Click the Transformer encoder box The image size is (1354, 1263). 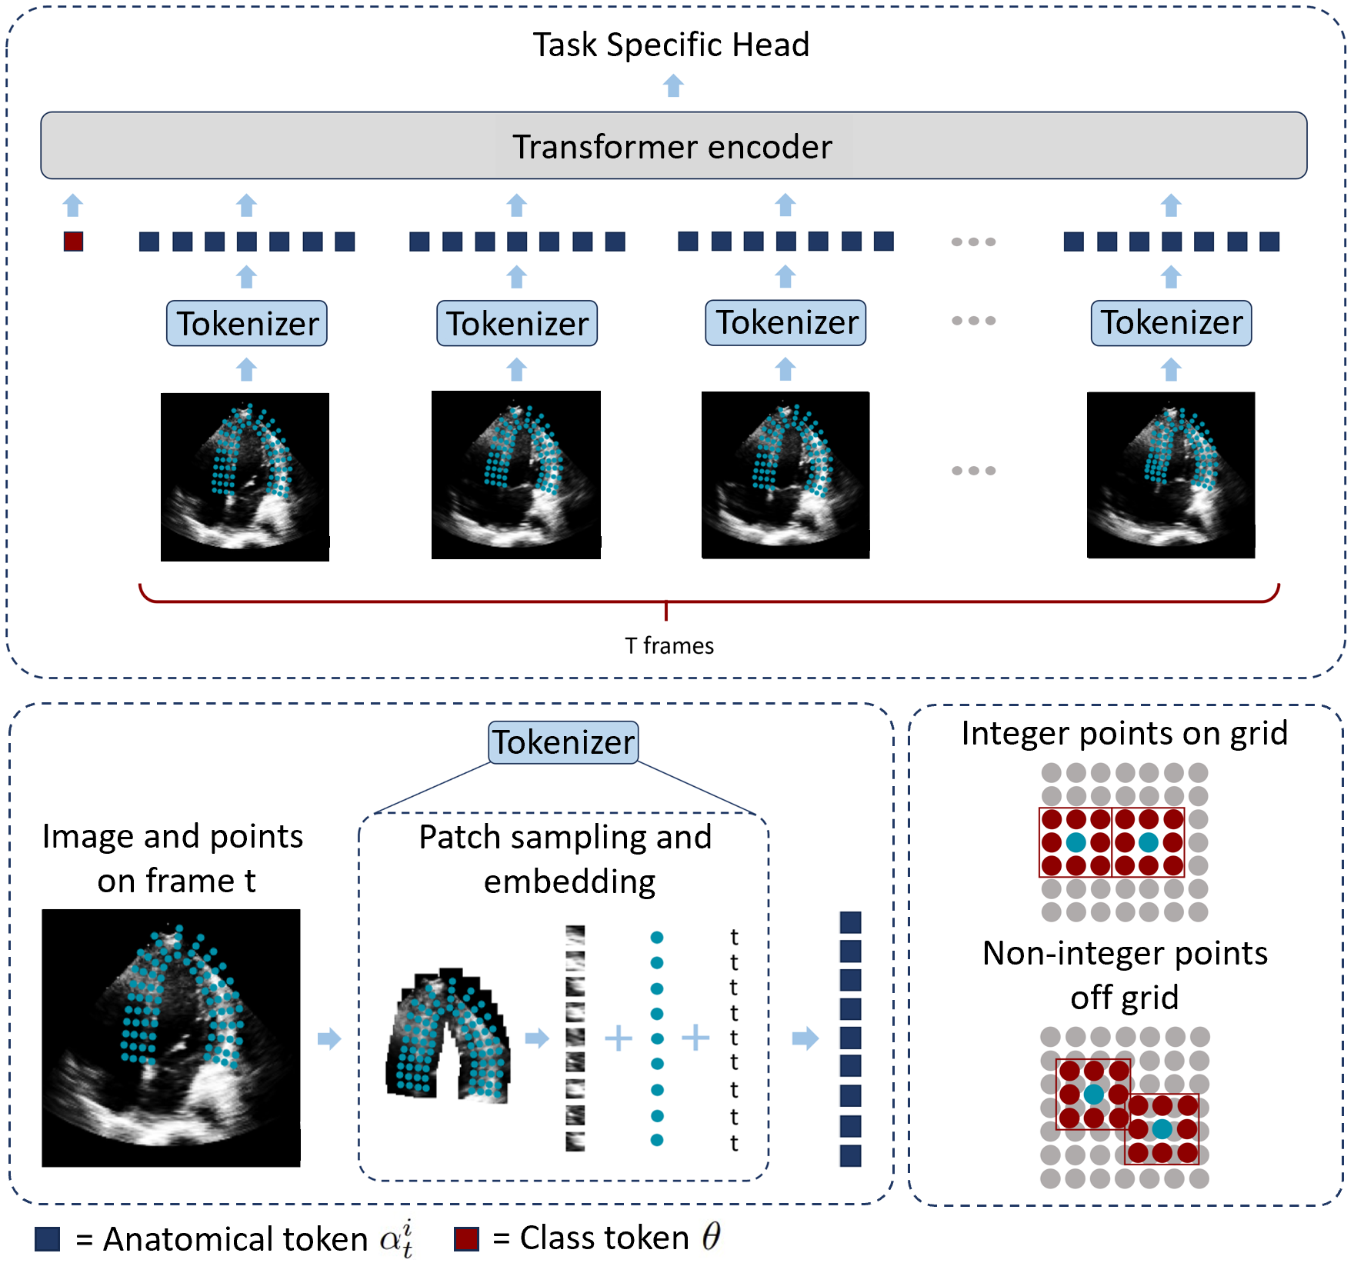(x=673, y=145)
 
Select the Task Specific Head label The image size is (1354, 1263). (x=671, y=45)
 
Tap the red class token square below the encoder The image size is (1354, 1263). (x=73, y=242)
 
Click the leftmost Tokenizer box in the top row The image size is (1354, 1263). (x=247, y=323)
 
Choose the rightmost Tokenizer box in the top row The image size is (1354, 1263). (x=1171, y=322)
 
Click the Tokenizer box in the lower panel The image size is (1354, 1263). (x=564, y=742)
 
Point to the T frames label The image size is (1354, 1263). (x=669, y=645)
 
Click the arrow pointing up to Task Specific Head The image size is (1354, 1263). (x=673, y=85)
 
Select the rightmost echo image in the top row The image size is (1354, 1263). (x=1171, y=475)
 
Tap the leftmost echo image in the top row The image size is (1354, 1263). (x=245, y=477)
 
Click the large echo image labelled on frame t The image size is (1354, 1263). (x=171, y=1038)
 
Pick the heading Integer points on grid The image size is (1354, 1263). (x=1124, y=733)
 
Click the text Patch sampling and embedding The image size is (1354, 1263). (x=566, y=859)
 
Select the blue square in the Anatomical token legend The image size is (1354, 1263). (x=48, y=1239)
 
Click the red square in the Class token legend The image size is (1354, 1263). (x=466, y=1239)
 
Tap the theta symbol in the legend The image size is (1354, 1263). (x=711, y=1236)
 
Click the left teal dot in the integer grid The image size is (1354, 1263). (x=1076, y=842)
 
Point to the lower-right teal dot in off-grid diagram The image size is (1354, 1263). (x=1162, y=1129)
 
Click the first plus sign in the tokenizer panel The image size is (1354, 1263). (x=619, y=1038)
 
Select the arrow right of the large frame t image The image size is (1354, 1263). (x=329, y=1038)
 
